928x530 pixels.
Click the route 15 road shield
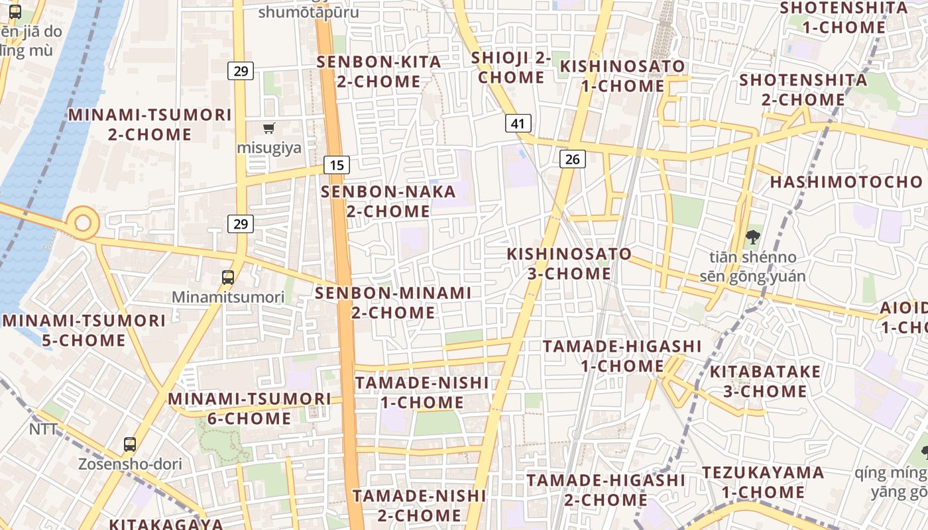pyautogui.click(x=337, y=165)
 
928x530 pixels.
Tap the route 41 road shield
pyautogui.click(x=518, y=123)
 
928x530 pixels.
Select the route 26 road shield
pyautogui.click(x=573, y=158)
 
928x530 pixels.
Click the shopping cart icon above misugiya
pyautogui.click(x=269, y=128)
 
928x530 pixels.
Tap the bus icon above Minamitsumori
pyautogui.click(x=228, y=278)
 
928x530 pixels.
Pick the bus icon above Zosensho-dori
pyautogui.click(x=130, y=445)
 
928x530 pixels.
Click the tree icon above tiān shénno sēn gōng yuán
pyautogui.click(x=752, y=237)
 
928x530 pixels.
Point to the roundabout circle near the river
pyautogui.click(x=83, y=223)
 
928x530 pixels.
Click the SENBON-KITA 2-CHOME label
pyautogui.click(x=378, y=72)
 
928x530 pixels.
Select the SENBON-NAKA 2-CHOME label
pyautogui.click(x=388, y=201)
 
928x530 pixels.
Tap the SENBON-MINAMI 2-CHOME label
pyautogui.click(x=393, y=302)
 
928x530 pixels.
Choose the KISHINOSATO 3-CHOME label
pyautogui.click(x=569, y=264)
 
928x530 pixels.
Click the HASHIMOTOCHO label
pyautogui.click(x=846, y=182)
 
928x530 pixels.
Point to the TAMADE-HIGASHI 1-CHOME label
pyautogui.click(x=622, y=356)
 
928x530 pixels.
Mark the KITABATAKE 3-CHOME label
pyautogui.click(x=765, y=381)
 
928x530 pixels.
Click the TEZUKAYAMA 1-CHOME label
pyautogui.click(x=763, y=482)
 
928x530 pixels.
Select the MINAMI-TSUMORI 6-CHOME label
pyautogui.click(x=249, y=409)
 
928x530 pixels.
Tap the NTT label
pyautogui.click(x=44, y=429)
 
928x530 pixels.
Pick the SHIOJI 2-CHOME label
pyautogui.click(x=511, y=68)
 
